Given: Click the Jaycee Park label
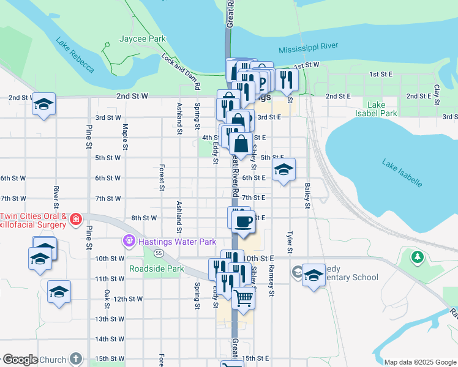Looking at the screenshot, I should pos(143,39).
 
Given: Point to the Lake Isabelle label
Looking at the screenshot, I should pos(402,172).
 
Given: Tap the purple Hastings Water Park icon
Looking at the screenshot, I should pos(129,241).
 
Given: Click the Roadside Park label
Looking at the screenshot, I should pos(157,269).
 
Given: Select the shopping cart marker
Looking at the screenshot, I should pos(243,298).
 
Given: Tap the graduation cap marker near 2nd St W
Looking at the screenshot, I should pos(43,105).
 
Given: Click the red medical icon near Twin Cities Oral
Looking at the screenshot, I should pos(75,219).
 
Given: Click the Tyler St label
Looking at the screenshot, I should pos(290,242).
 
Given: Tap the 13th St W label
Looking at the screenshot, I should pos(110,319).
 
